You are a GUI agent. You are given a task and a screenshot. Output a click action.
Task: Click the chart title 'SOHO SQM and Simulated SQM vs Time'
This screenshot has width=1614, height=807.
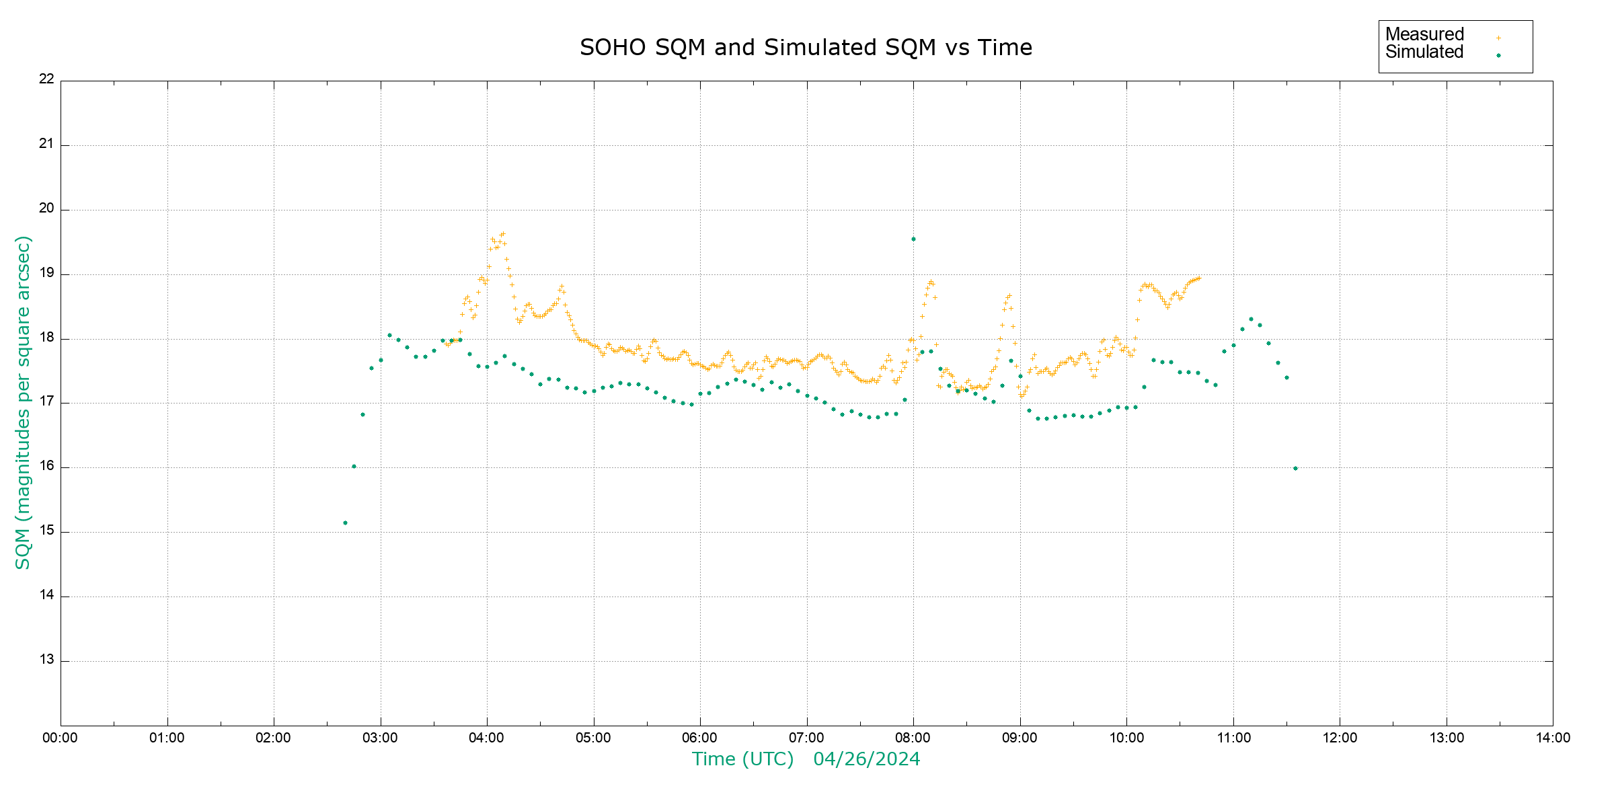tap(806, 48)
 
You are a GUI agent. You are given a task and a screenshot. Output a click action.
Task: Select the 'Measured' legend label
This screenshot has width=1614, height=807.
tap(1424, 34)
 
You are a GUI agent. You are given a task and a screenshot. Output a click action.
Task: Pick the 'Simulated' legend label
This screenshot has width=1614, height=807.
tap(1424, 52)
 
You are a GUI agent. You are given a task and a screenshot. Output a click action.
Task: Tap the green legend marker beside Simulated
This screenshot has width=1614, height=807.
tap(1498, 55)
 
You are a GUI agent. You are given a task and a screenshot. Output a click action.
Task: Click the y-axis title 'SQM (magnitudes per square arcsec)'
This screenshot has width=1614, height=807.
tap(24, 402)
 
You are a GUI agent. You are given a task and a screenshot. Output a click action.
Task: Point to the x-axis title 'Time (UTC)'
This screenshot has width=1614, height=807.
tap(742, 759)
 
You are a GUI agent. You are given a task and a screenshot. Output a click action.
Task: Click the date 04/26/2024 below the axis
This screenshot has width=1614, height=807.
tap(866, 759)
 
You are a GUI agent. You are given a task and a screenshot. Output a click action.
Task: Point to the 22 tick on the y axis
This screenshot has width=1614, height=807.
tap(46, 79)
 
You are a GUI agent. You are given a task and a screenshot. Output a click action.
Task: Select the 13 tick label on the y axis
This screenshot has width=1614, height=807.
tap(46, 660)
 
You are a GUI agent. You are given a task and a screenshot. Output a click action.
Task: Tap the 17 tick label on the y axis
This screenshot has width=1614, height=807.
tap(46, 401)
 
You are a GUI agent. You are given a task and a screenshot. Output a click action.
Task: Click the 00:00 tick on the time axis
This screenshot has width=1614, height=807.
tap(60, 738)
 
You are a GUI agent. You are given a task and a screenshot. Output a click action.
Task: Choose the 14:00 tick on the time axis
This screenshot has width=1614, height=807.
tap(1553, 738)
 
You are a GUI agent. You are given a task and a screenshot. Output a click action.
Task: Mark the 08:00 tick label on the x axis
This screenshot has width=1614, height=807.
tap(913, 738)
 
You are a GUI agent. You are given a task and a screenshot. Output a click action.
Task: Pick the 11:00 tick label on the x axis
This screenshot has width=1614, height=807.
tap(1233, 738)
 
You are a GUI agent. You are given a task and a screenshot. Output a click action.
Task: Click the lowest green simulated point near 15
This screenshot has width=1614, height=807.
tap(345, 523)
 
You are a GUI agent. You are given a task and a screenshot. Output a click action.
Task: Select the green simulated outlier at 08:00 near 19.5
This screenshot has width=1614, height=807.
tap(913, 239)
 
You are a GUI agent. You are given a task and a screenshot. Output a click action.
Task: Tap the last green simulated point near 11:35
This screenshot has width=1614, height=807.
tap(1295, 468)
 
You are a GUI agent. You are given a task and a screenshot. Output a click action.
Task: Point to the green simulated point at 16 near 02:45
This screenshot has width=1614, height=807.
tap(354, 466)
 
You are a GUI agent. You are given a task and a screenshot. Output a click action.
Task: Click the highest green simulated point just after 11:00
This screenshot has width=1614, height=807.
tap(1251, 319)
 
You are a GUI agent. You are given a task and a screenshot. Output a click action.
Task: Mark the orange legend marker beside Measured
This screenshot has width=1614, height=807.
tap(1498, 38)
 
